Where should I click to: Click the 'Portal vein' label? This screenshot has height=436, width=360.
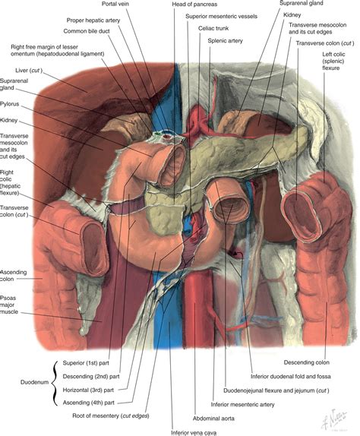click(x=115, y=4)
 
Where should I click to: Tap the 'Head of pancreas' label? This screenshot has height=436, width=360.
click(x=194, y=4)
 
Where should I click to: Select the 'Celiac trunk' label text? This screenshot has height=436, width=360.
click(x=213, y=28)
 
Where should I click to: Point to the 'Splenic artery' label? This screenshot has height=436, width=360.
click(x=225, y=41)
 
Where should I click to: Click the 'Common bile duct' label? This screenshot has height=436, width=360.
click(x=87, y=31)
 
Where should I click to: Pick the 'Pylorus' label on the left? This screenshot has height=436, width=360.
click(x=9, y=104)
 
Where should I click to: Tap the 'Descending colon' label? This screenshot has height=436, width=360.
click(x=306, y=362)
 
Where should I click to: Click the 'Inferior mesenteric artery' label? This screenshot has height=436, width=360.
click(x=242, y=405)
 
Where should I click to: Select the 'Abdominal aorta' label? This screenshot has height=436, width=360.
click(x=213, y=419)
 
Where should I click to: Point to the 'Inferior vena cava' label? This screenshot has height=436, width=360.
click(x=194, y=433)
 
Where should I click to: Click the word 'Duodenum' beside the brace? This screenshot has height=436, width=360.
click(x=34, y=382)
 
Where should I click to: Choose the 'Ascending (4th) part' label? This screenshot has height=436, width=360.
click(x=88, y=403)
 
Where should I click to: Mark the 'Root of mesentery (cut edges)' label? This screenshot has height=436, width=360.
click(x=111, y=416)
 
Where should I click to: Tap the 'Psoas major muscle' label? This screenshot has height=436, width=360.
click(x=9, y=305)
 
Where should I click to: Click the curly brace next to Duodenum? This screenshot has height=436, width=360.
click(x=55, y=383)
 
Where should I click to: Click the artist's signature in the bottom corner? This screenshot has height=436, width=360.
click(x=334, y=419)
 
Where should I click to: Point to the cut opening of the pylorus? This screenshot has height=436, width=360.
click(x=173, y=166)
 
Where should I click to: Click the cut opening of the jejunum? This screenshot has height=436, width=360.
click(x=232, y=207)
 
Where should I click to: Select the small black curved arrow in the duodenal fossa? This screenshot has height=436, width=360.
click(x=238, y=254)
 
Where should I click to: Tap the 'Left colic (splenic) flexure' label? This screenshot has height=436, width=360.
click(x=333, y=62)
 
